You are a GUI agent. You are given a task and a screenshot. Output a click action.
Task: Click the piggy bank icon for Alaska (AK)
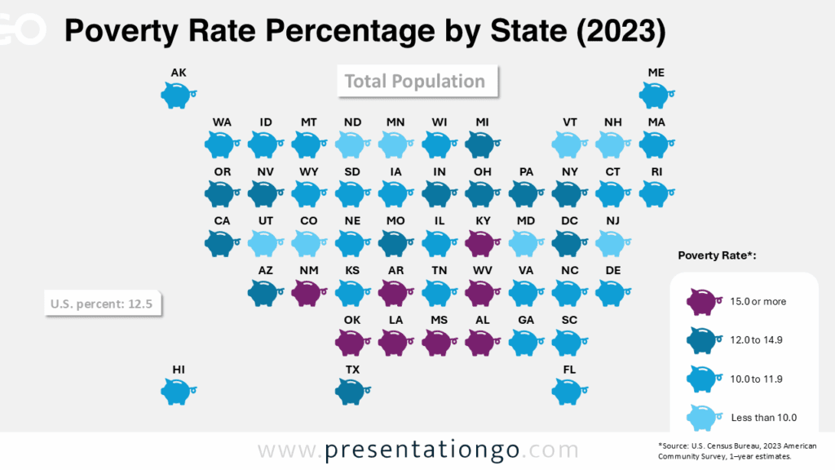pyautogui.click(x=176, y=95)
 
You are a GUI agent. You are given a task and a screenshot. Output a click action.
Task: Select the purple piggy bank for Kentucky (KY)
pyautogui.click(x=481, y=242)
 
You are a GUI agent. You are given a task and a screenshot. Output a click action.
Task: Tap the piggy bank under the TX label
pyautogui.click(x=351, y=392)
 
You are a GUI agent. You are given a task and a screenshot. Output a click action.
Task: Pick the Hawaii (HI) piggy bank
pyautogui.click(x=176, y=392)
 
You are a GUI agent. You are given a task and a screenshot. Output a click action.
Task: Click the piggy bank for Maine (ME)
pyautogui.click(x=654, y=95)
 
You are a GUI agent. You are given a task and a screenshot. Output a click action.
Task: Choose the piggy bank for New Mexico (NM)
pyautogui.click(x=307, y=292)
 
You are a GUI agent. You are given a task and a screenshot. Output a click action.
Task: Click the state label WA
pyautogui.click(x=222, y=122)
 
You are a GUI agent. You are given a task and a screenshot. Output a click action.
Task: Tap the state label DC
pyautogui.click(x=569, y=221)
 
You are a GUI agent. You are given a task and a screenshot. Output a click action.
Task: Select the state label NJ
pyautogui.click(x=612, y=221)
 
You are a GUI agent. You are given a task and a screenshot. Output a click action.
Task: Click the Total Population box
pyautogui.click(x=415, y=82)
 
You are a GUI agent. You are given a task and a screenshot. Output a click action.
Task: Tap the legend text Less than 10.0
pyautogui.click(x=763, y=417)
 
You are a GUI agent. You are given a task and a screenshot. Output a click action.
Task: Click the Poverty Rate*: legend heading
pyautogui.click(x=718, y=255)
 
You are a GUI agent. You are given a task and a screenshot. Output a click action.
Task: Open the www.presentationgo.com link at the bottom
pyautogui.click(x=417, y=450)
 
